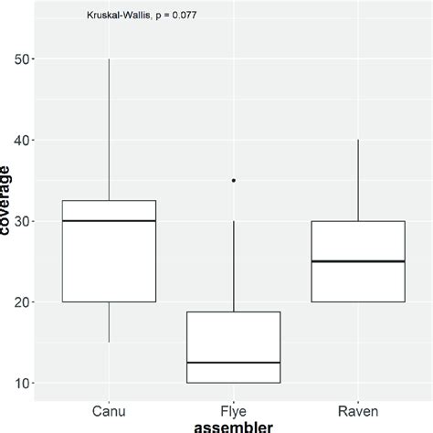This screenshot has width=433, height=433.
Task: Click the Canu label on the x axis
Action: tap(109, 411)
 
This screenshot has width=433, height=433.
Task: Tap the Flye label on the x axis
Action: tap(234, 411)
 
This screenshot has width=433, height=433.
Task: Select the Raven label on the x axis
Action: tap(358, 411)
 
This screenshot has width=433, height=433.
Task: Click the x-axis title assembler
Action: tap(233, 426)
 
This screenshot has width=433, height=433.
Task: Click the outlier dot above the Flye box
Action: tap(234, 181)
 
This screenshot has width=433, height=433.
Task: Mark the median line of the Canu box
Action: tap(109, 221)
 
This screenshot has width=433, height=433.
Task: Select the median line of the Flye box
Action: tap(234, 363)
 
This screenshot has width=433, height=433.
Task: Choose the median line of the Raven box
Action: tap(358, 261)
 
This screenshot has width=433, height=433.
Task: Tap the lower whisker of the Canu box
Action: tap(109, 322)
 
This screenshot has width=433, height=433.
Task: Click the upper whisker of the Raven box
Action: tap(358, 180)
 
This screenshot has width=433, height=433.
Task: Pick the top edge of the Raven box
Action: tap(358, 221)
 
